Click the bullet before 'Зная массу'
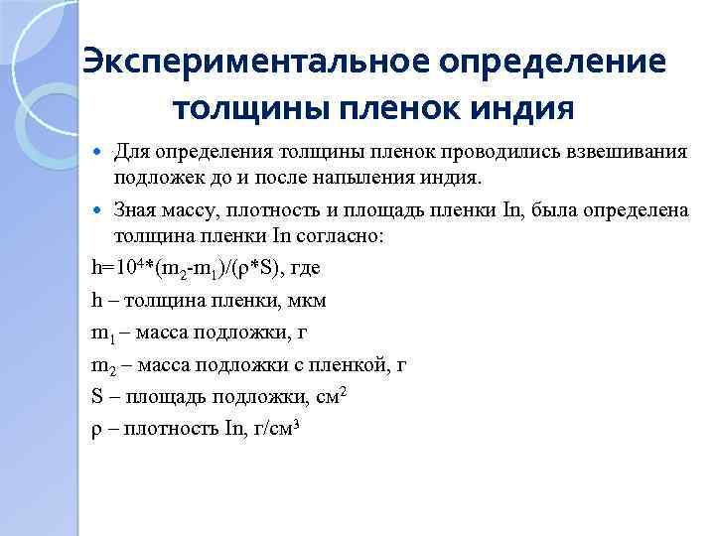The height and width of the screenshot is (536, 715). click(96, 210)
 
